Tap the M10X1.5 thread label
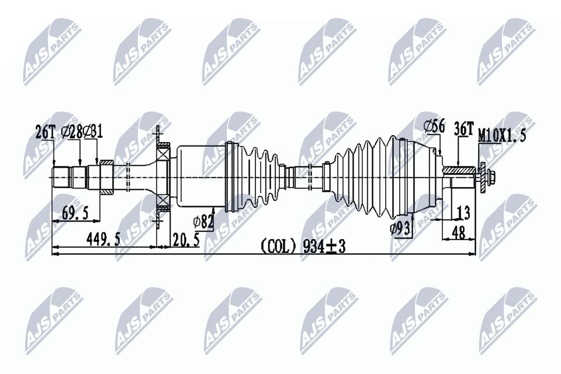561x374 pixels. pyautogui.click(x=502, y=136)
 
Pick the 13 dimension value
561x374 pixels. pyautogui.click(x=463, y=212)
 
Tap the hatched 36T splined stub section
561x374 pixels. pyautogui.click(x=460, y=171)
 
